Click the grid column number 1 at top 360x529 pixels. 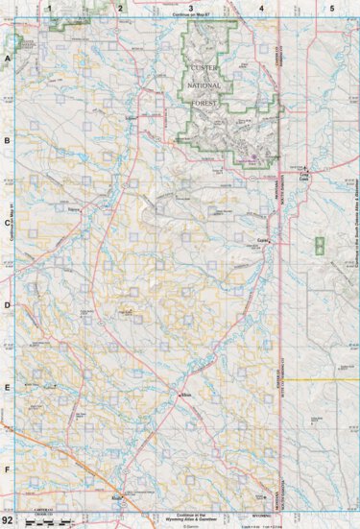(x=48, y=8)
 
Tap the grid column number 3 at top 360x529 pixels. (x=190, y=8)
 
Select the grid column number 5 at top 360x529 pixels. (x=331, y=8)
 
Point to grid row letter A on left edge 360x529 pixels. (x=8, y=60)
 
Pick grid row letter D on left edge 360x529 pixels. (x=8, y=306)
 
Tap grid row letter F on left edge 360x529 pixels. (x=8, y=469)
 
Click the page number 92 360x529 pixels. (x=9, y=519)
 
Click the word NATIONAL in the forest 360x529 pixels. (x=204, y=85)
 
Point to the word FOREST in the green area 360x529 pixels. (x=204, y=104)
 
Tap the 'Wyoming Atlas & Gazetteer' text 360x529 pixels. (x=190, y=517)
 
